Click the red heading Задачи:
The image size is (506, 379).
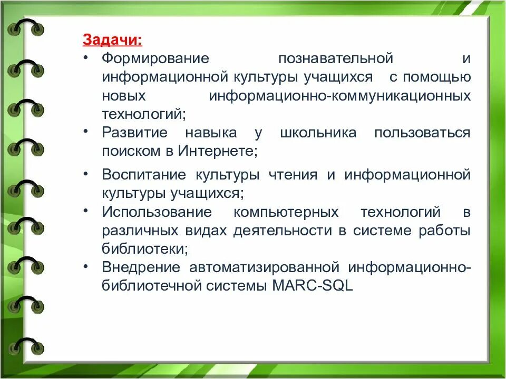(112, 40)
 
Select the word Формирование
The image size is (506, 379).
(155, 58)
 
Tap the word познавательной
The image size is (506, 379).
(336, 58)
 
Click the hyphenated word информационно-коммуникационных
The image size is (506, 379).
(340, 96)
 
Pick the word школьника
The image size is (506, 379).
(318, 133)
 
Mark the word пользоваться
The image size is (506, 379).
(422, 133)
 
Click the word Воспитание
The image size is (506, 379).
(144, 175)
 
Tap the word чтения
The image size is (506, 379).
(293, 175)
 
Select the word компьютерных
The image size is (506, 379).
(286, 212)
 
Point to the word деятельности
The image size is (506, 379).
(283, 231)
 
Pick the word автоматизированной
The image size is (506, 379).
(264, 267)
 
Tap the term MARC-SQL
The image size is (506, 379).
(313, 286)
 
